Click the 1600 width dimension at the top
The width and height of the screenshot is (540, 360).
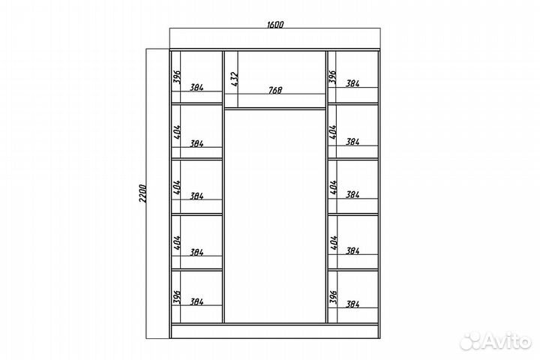pos(274,25)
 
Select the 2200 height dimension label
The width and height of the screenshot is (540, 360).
pos(143,194)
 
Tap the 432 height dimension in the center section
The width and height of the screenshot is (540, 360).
pos(234,79)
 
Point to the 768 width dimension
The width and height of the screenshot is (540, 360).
pos(274,90)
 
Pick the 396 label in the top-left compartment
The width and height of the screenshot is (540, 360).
pos(177,77)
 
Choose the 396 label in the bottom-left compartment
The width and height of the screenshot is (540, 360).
pos(177,297)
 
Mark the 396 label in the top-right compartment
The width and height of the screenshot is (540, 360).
pos(332,77)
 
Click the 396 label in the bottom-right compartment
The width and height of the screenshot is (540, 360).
pos(333,296)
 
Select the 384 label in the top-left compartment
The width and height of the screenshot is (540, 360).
pos(196,88)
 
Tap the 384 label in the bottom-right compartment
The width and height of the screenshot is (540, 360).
pos(352,304)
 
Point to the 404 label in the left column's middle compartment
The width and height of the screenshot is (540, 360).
pos(177,187)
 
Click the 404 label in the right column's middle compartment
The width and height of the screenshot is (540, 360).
pos(333,187)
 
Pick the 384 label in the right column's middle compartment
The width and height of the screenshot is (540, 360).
pos(352,195)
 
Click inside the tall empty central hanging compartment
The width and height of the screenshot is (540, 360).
pos(274,216)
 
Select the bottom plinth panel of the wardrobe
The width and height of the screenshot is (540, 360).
pos(274,331)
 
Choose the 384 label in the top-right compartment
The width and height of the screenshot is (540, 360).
pos(352,83)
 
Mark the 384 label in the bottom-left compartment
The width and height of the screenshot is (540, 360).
pos(196,301)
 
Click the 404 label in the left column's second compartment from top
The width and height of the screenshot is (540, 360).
pos(177,132)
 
